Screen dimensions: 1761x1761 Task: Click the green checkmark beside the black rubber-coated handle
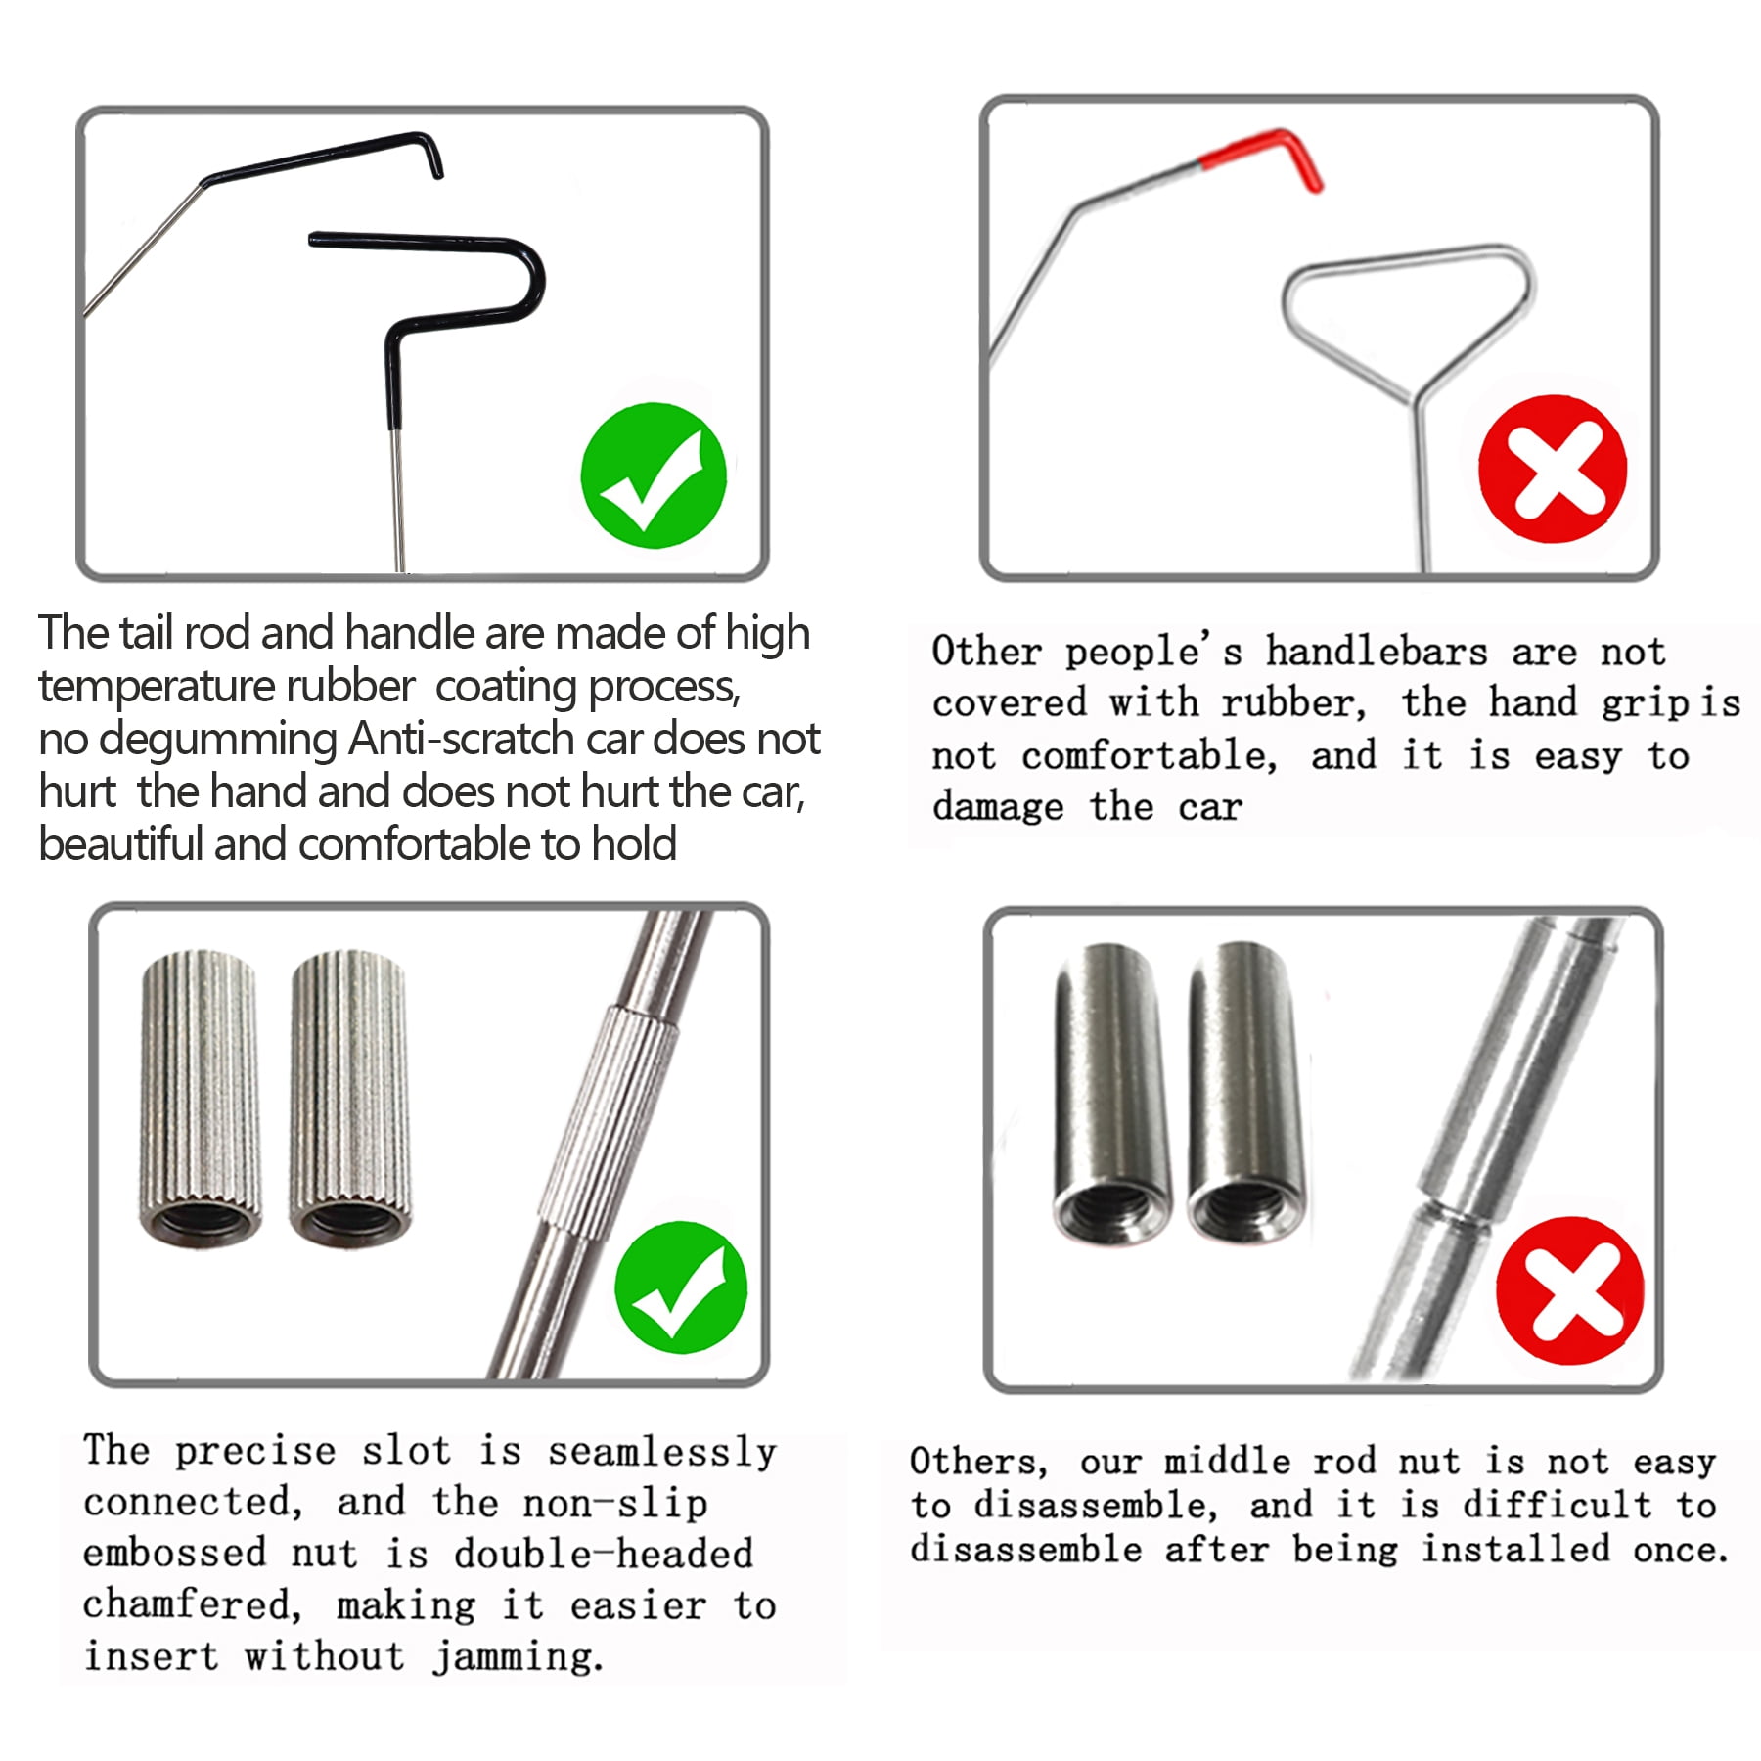coord(654,475)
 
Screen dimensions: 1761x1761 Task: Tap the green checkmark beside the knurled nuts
coord(681,1287)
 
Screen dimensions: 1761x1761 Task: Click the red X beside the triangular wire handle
coord(1553,469)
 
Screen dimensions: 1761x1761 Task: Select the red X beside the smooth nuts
coord(1570,1290)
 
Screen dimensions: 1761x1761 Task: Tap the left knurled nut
coord(202,1098)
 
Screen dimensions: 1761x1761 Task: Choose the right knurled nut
coord(349,1098)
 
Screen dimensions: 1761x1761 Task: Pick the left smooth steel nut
coord(1112,1094)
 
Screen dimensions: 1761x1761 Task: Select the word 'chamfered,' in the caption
coord(192,1605)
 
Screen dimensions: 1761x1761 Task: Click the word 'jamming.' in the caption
coord(519,1657)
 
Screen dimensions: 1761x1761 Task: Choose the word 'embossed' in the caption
coord(174,1553)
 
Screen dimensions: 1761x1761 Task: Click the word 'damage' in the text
coord(998,807)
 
